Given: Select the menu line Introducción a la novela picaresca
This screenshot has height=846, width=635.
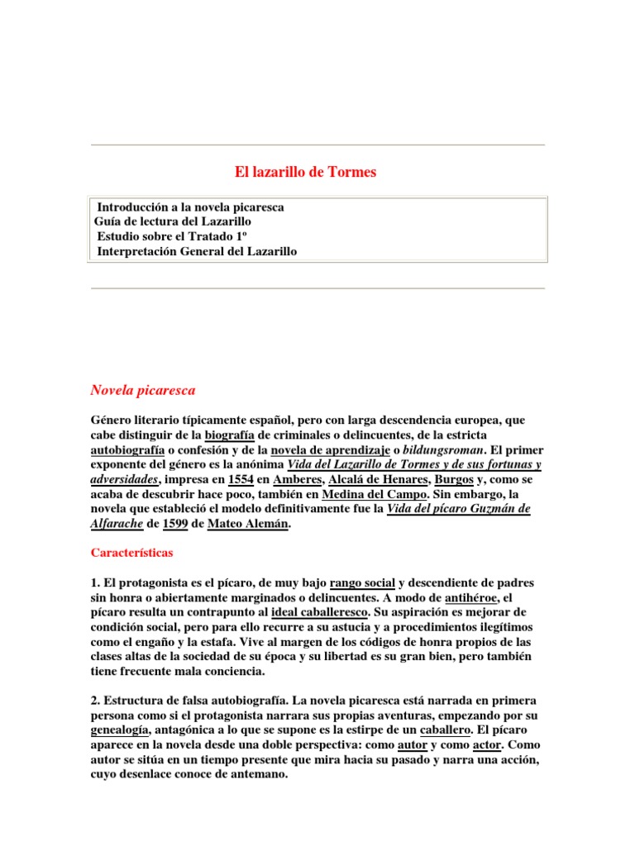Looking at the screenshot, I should click(x=190, y=207).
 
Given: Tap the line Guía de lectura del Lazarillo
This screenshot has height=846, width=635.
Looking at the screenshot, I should click(x=173, y=221).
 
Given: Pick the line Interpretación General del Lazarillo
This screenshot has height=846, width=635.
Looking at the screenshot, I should click(x=196, y=251).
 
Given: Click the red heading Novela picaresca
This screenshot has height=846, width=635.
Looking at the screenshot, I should click(x=142, y=389).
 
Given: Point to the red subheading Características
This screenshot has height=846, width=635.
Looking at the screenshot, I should click(x=132, y=551).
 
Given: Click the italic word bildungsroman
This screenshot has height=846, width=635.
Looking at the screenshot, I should click(x=440, y=449).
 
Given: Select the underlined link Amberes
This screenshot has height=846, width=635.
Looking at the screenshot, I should click(x=296, y=479).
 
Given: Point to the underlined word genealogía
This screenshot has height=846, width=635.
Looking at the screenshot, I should click(x=120, y=731).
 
